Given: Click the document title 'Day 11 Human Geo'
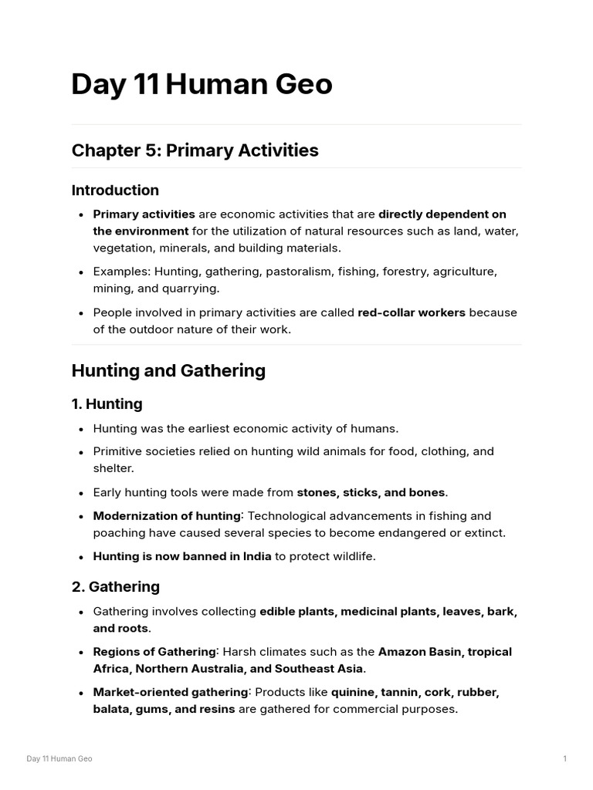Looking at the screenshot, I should click(x=202, y=85).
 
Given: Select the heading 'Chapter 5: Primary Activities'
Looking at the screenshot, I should click(x=195, y=150).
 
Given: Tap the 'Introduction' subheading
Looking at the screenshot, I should click(x=115, y=190).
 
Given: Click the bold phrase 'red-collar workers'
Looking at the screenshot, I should click(x=411, y=312).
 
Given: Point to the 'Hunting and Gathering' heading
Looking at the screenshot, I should click(x=168, y=370).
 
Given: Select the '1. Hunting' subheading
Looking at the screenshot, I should click(x=107, y=403).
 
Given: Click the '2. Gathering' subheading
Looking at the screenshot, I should click(x=116, y=586).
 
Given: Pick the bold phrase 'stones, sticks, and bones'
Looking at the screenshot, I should click(x=371, y=492).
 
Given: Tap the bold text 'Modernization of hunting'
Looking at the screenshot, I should click(x=165, y=515).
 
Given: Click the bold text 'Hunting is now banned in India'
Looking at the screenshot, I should click(x=182, y=556).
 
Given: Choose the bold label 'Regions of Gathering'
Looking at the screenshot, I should click(x=154, y=652).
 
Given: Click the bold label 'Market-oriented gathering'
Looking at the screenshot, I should click(x=170, y=692).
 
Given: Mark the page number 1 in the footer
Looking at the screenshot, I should click(x=564, y=758).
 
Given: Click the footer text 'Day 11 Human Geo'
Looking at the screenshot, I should click(x=59, y=758).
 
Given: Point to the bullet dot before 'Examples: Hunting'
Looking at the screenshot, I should click(x=82, y=272).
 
